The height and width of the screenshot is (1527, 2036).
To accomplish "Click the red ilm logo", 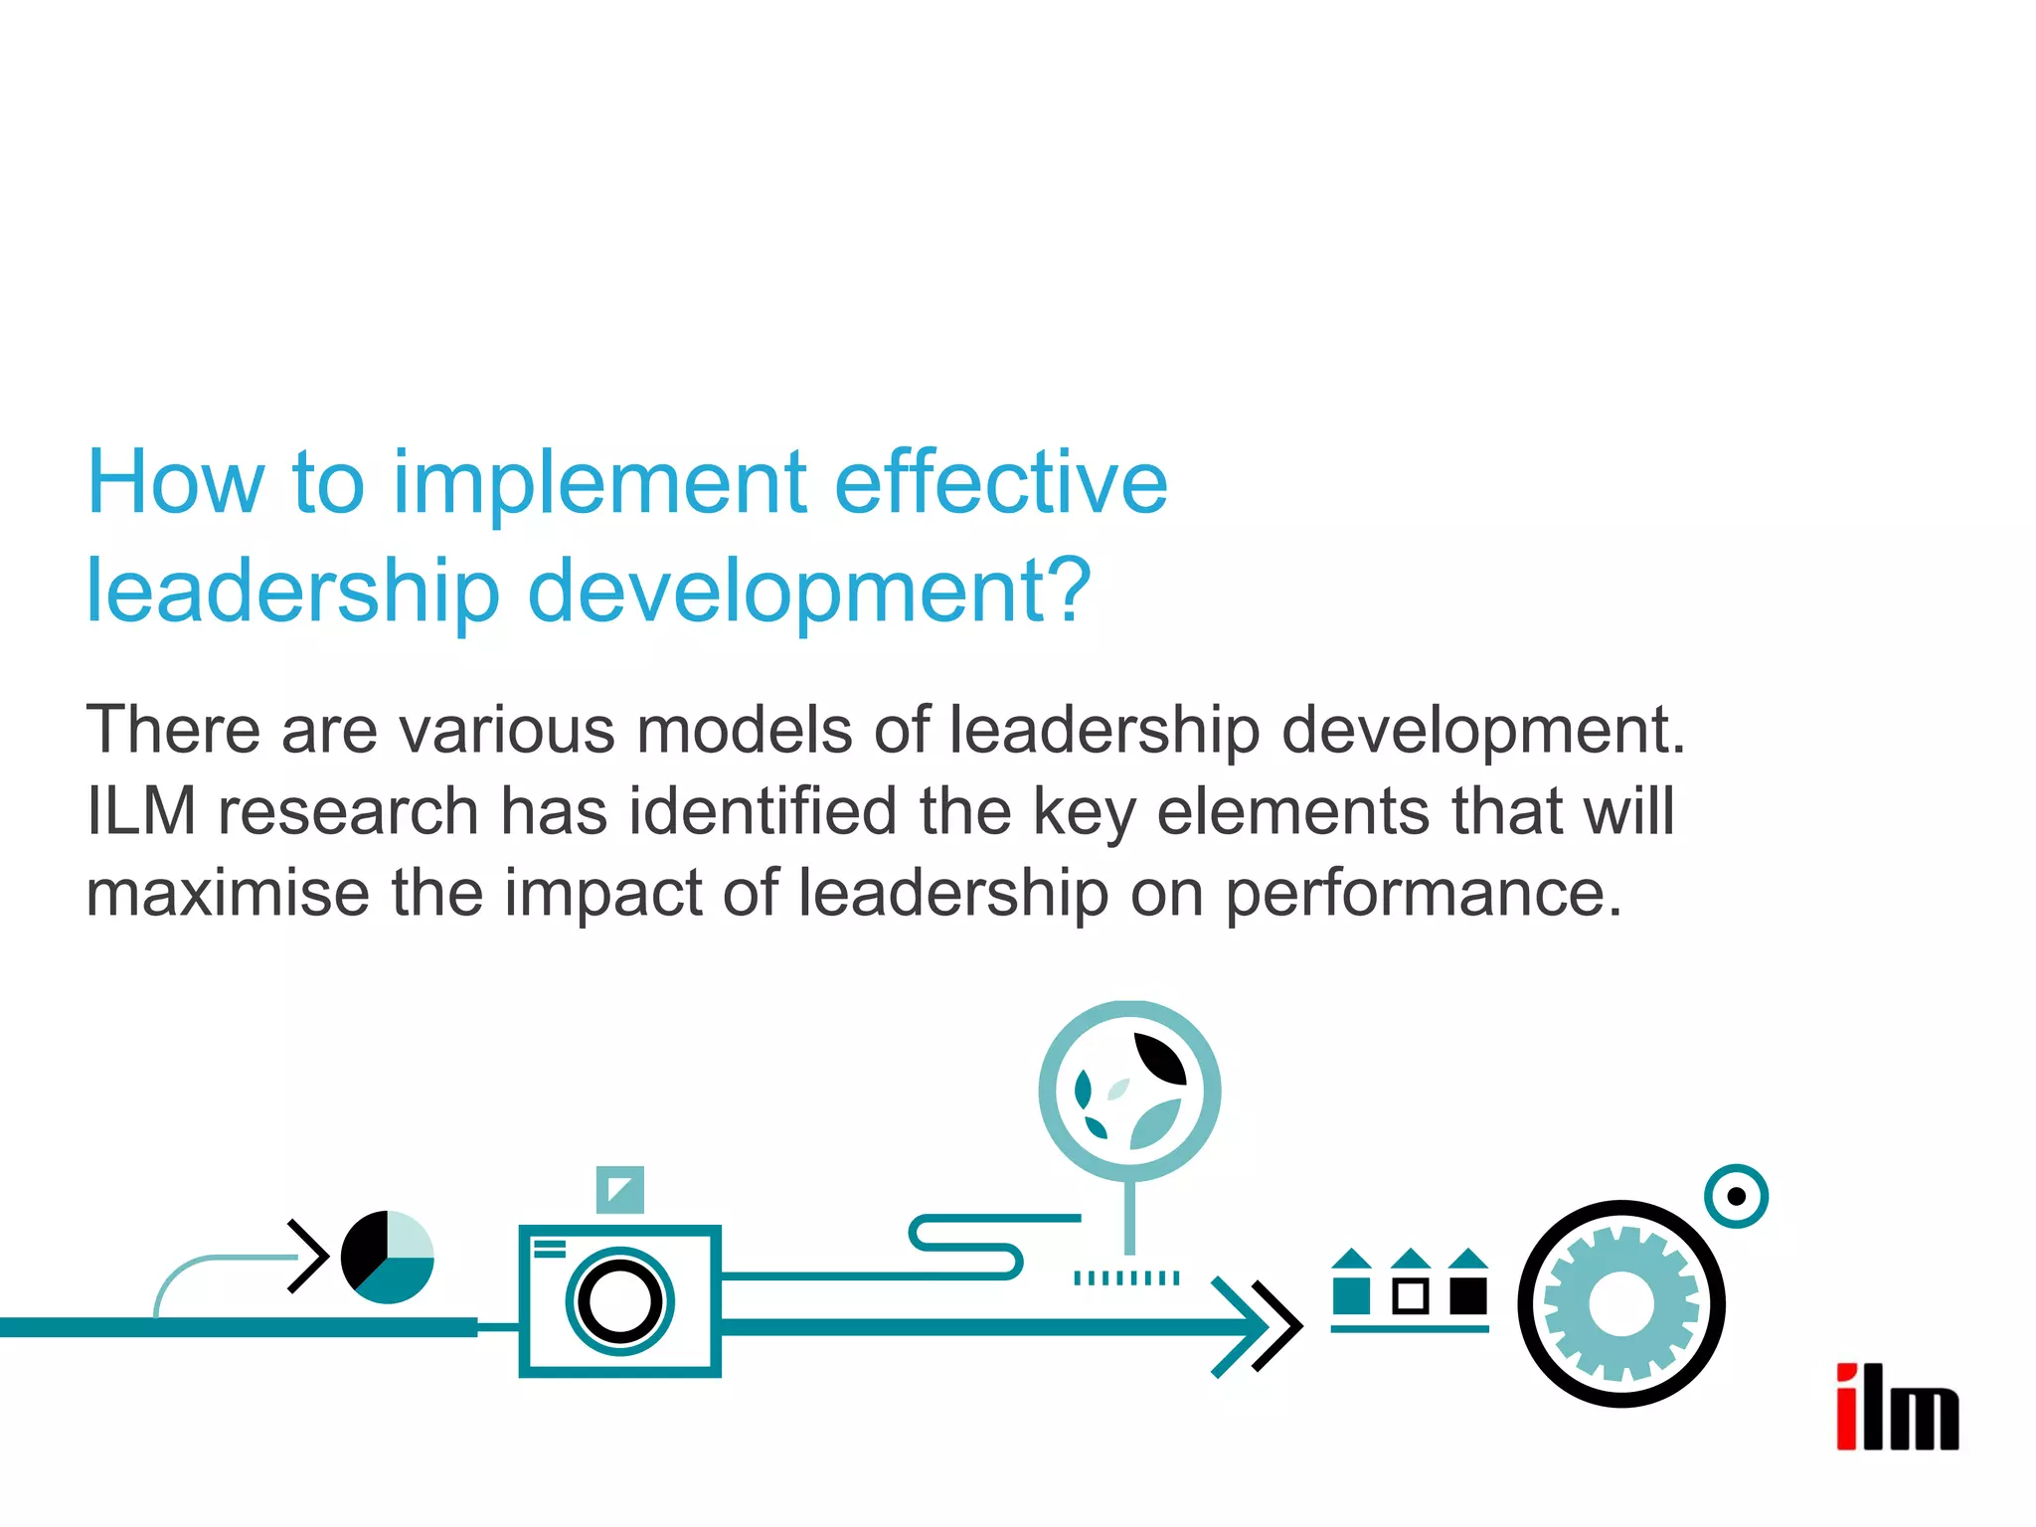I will pyautogui.click(x=1897, y=1407).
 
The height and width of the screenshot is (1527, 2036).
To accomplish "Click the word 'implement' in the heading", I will pyautogui.click(x=599, y=484).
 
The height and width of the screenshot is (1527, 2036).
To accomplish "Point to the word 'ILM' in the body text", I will pyautogui.click(x=141, y=811).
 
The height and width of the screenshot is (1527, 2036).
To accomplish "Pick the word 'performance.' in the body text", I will pyautogui.click(x=1424, y=893).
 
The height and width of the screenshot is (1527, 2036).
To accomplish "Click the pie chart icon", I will pyautogui.click(x=387, y=1257).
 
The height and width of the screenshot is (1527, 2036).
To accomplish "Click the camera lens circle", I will pyautogui.click(x=619, y=1301).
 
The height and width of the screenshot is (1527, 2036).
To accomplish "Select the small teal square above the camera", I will pyautogui.click(x=619, y=1189).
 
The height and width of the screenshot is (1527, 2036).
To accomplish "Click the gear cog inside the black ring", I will pyautogui.click(x=1620, y=1304).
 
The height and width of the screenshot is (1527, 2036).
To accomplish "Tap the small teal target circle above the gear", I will pyautogui.click(x=1736, y=1196).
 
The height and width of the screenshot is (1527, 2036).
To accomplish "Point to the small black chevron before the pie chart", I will pyautogui.click(x=309, y=1256).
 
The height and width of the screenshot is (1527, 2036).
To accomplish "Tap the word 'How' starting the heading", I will pyautogui.click(x=175, y=484).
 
